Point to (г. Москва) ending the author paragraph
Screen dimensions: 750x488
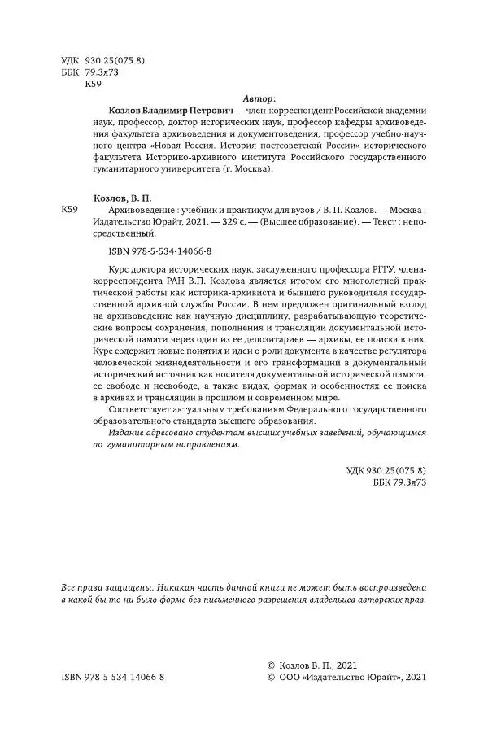[x=248, y=171]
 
